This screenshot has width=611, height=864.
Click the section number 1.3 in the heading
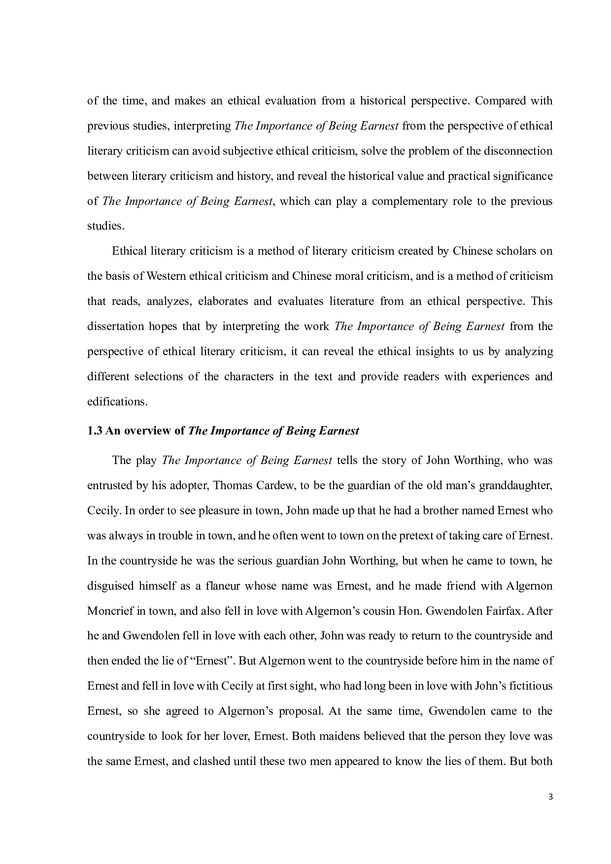[95, 431]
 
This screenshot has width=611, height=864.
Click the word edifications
[117, 402]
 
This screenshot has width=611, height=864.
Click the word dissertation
[115, 327]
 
